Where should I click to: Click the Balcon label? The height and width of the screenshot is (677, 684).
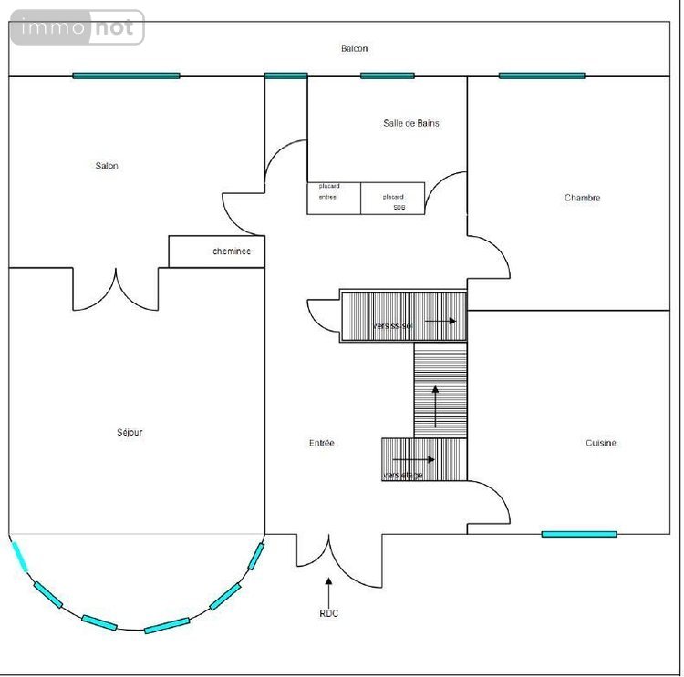[354, 48]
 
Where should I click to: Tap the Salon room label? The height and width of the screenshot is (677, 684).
[107, 166]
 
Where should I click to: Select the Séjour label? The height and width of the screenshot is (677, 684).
[130, 433]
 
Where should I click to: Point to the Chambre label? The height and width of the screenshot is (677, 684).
[582, 198]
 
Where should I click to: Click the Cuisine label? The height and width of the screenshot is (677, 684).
[600, 443]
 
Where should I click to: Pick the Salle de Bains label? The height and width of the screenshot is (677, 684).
[410, 123]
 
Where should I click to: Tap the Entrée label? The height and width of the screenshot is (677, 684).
[322, 443]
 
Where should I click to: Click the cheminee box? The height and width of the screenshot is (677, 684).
[217, 251]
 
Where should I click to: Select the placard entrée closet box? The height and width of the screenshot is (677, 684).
[334, 199]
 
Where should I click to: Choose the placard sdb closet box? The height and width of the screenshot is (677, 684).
[393, 199]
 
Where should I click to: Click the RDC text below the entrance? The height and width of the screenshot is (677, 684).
[328, 613]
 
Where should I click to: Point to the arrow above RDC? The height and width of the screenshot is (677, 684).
[328, 588]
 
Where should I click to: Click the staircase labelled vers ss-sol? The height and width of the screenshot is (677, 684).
[403, 316]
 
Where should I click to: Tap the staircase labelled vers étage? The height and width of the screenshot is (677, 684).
[423, 459]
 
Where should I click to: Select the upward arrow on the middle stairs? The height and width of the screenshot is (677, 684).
[435, 405]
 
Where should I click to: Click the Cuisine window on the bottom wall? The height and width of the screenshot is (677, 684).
[578, 534]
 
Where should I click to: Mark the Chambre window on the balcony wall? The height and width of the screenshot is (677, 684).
[541, 76]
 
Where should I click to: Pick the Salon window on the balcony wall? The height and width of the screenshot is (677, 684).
[126, 76]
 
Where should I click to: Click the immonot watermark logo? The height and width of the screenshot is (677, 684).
[78, 27]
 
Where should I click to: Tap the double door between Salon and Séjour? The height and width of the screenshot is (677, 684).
[116, 290]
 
